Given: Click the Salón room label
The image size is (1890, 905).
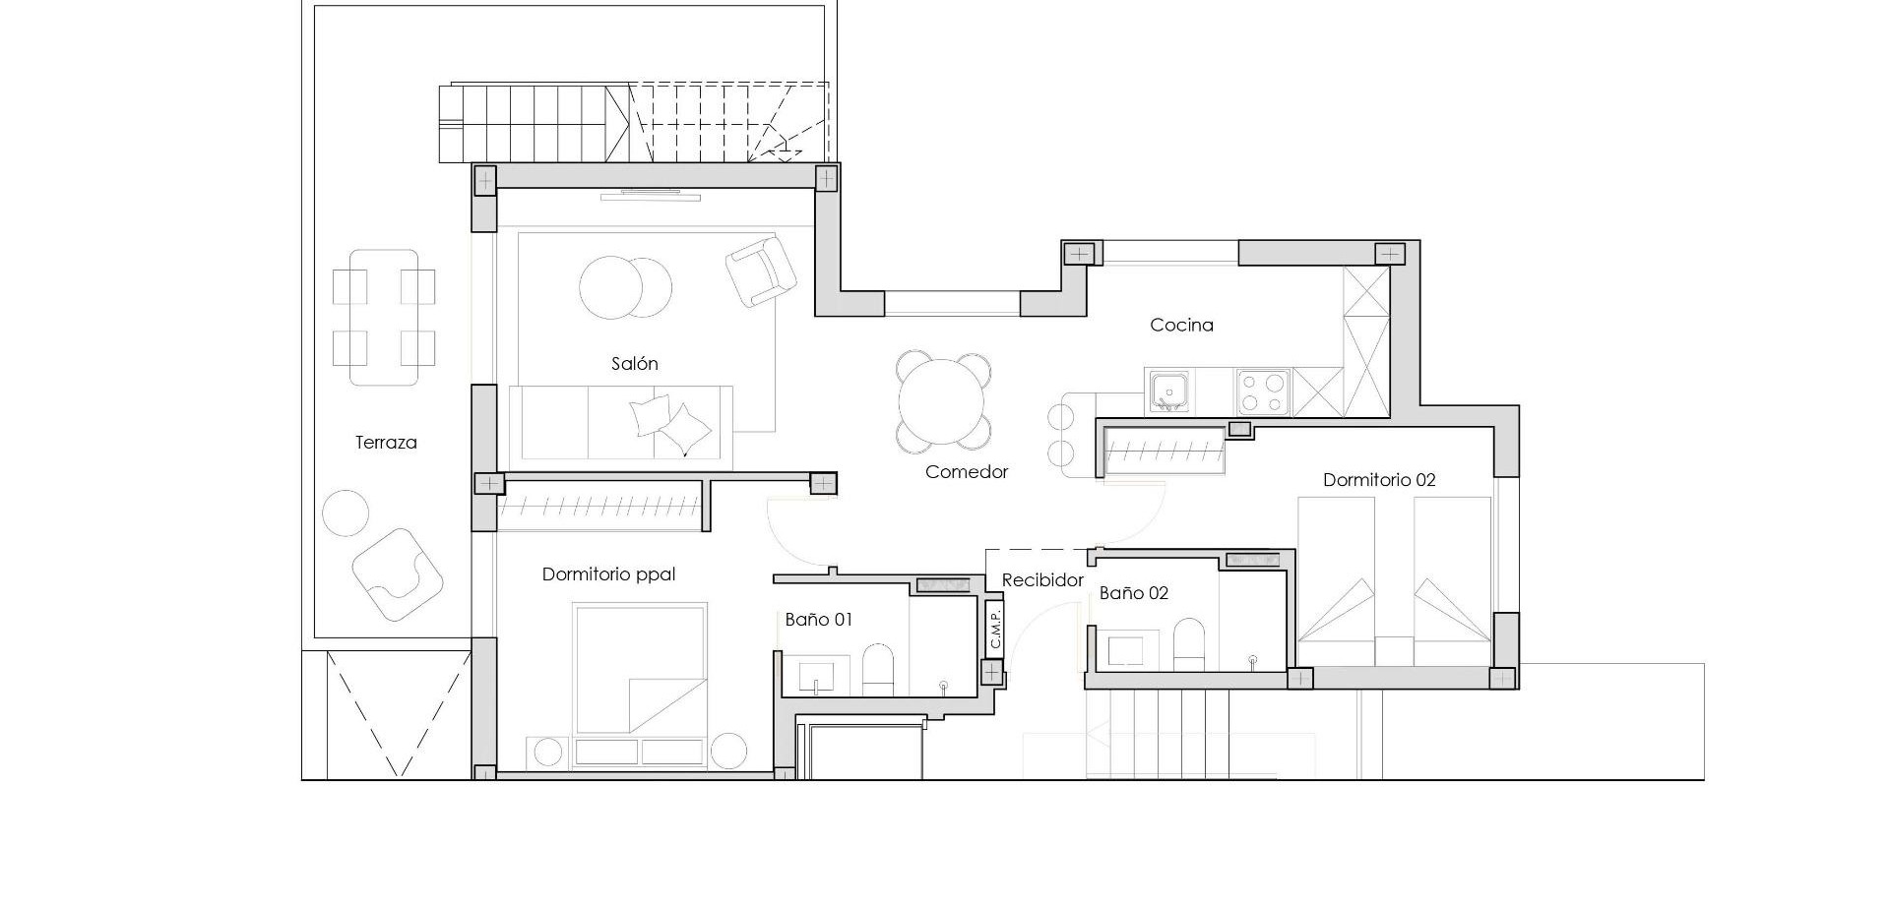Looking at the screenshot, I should [x=634, y=364].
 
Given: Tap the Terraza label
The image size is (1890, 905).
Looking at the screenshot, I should [x=386, y=443].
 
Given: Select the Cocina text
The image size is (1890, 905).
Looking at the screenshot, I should [x=1181, y=325].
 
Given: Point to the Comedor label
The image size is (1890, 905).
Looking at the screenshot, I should [x=967, y=472].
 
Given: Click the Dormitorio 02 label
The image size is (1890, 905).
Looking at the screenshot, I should [x=1379, y=480].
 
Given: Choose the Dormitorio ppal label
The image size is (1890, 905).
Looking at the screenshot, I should [x=608, y=574].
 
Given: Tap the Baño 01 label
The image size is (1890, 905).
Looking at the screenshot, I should [x=818, y=620].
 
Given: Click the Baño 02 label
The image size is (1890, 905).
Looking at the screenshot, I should [x=1133, y=593].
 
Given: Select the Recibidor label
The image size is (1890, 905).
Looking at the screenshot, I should [x=1042, y=580].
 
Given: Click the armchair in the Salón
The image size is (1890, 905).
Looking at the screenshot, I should [x=760, y=271].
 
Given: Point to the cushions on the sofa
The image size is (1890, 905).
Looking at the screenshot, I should [x=669, y=423].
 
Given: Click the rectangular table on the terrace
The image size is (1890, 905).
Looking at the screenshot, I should [x=384, y=317].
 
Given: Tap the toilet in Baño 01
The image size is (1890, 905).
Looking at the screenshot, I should [x=877, y=670].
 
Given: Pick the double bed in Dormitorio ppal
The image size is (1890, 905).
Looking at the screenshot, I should [x=641, y=669].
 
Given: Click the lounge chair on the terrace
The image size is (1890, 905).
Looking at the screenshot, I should [x=397, y=574].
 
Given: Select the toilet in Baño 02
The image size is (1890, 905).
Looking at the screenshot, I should [x=1188, y=644].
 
